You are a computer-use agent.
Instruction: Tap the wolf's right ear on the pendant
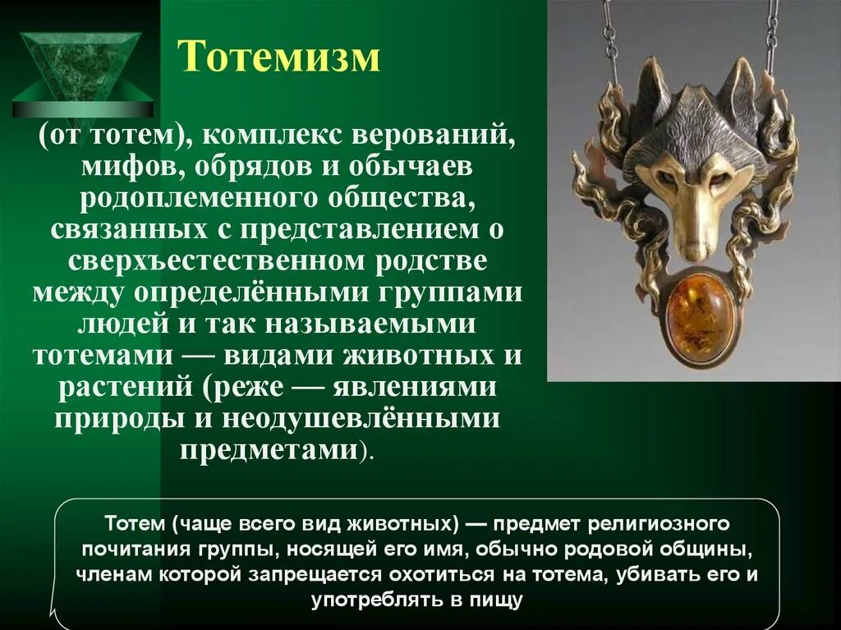[739, 90]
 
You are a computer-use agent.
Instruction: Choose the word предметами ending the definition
[271, 450]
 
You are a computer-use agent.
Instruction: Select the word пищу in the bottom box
[497, 600]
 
